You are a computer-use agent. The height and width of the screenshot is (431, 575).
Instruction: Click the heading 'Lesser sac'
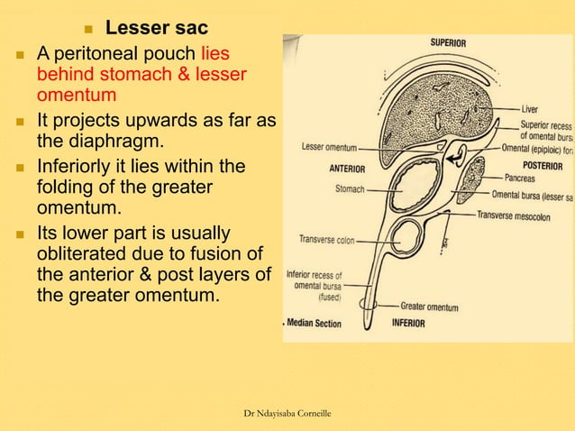click(157, 29)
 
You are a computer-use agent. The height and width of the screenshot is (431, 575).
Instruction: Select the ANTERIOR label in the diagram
click(347, 169)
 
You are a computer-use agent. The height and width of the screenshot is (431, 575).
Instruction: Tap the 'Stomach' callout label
click(350, 189)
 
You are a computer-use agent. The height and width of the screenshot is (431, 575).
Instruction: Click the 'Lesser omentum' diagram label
click(330, 146)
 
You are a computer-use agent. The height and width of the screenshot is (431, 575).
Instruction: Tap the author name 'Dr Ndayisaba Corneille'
click(287, 413)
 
